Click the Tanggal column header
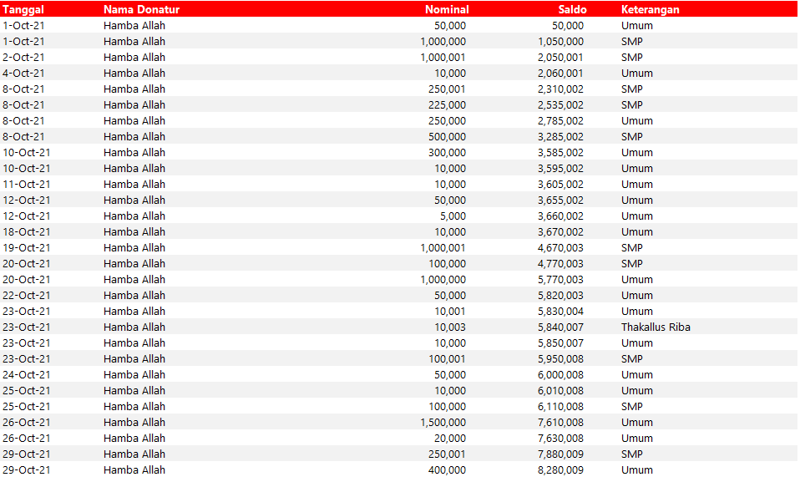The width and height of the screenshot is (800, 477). point(23,9)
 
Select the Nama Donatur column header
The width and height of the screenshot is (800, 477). point(141,9)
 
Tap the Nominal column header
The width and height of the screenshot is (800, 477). point(447,9)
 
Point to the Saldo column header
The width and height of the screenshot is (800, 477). point(572,9)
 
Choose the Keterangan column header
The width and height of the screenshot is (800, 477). point(650,9)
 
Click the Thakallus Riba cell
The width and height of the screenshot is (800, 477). point(656,327)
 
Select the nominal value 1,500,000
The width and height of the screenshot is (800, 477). point(443,422)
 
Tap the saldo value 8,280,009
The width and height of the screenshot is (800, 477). point(561,469)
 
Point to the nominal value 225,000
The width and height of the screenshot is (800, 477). point(447,104)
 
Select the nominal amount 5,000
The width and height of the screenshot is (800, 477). point(453,216)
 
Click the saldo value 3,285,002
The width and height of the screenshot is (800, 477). point(561,136)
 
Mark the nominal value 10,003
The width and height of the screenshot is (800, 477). point(450,327)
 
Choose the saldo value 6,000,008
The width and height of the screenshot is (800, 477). point(561,374)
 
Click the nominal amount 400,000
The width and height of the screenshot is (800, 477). point(447,469)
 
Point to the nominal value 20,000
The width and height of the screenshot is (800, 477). point(450,438)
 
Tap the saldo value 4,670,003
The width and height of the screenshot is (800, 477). point(561,247)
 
